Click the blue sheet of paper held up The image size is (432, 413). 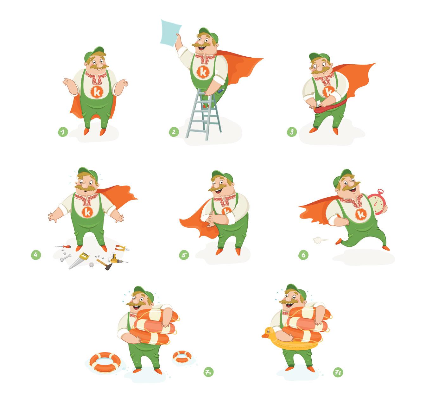pyautogui.click(x=170, y=33)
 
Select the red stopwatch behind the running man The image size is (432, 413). pyautogui.click(x=377, y=202)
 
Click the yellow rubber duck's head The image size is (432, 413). pyautogui.click(x=268, y=333)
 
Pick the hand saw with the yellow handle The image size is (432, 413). pyautogui.click(x=79, y=260)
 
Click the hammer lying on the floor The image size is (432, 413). pyautogui.click(x=105, y=264)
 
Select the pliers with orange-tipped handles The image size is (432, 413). pyautogui.click(x=122, y=248)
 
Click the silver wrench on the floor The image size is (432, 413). pyautogui.click(x=66, y=257)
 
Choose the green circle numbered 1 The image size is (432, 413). pyautogui.click(x=63, y=132)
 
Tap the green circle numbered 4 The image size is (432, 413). pyautogui.click(x=36, y=255)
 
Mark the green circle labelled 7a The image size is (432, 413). pyautogui.click(x=208, y=372)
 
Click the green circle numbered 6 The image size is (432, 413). pyautogui.click(x=303, y=255)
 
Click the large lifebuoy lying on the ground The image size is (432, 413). pyautogui.click(x=105, y=363)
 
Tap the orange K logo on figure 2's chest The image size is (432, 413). pyautogui.click(x=203, y=72)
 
